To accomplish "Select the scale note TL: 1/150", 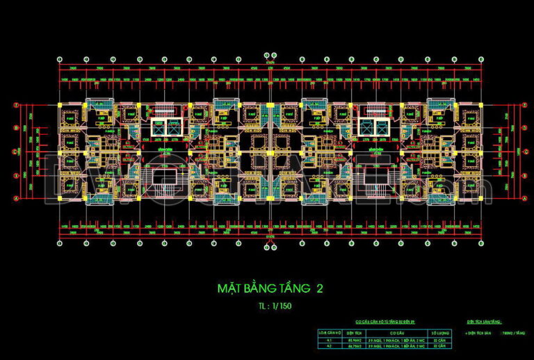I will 267,305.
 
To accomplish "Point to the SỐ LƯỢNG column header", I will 439,333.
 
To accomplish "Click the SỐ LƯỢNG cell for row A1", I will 439,339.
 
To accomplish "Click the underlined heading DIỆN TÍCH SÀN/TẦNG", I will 483,323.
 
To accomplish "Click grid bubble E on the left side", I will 16,105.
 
